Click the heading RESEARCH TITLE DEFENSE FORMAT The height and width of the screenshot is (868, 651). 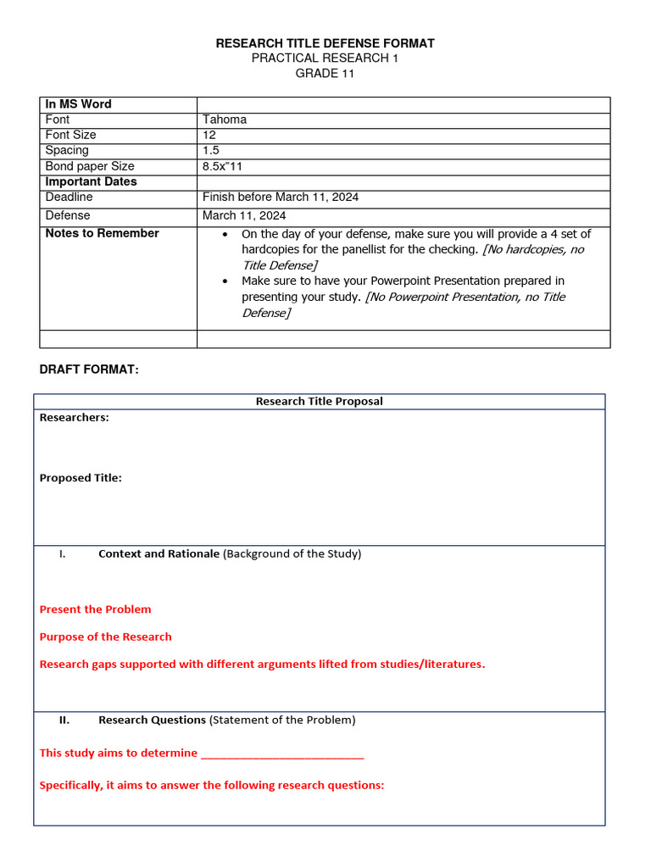pyautogui.click(x=325, y=43)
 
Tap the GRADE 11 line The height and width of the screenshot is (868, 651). pyautogui.click(x=325, y=74)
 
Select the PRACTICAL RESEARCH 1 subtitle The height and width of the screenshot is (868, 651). pyautogui.click(x=325, y=58)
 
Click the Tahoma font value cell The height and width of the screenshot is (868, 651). pyautogui.click(x=225, y=120)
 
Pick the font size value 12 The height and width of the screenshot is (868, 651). pyautogui.click(x=209, y=135)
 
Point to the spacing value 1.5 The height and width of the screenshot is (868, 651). pyautogui.click(x=211, y=150)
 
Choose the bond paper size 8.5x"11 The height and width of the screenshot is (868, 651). pyautogui.click(x=222, y=166)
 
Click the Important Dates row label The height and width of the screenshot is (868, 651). pyautogui.click(x=91, y=181)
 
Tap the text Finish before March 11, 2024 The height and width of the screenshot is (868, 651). pyautogui.click(x=280, y=197)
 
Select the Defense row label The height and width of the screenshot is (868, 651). pyautogui.click(x=68, y=215)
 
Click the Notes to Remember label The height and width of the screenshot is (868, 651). pyautogui.click(x=102, y=233)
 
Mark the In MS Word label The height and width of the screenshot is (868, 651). pyautogui.click(x=78, y=104)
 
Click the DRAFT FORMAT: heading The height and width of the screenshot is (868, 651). pyautogui.click(x=89, y=370)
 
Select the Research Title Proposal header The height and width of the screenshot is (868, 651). pyautogui.click(x=319, y=401)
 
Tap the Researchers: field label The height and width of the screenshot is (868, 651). pyautogui.click(x=74, y=417)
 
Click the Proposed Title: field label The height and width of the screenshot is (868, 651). pyautogui.click(x=81, y=478)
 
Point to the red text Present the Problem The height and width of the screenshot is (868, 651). pyautogui.click(x=95, y=609)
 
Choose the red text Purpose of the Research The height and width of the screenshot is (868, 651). pyautogui.click(x=105, y=637)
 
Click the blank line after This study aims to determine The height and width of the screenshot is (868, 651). pyautogui.click(x=283, y=754)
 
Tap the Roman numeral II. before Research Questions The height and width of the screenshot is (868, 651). pyautogui.click(x=64, y=720)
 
